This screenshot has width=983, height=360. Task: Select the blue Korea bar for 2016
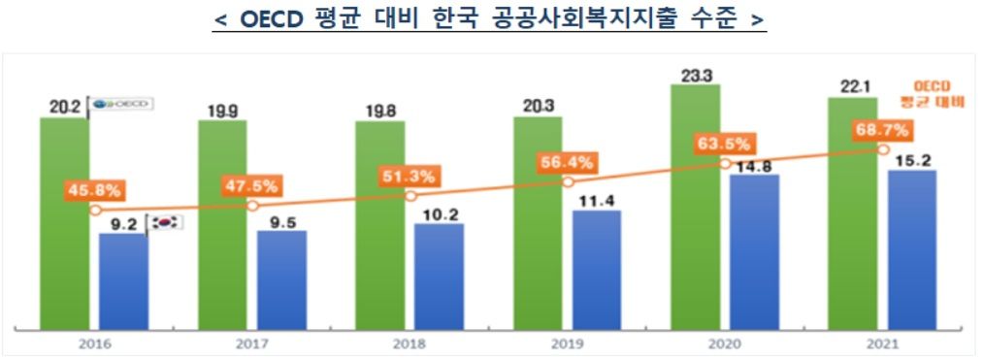124,280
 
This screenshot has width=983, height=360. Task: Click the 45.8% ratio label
94,189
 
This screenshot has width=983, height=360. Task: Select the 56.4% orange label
566,162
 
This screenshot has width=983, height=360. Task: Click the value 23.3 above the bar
696,73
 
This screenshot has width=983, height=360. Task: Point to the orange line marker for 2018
410,197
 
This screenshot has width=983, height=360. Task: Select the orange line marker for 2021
882,149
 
